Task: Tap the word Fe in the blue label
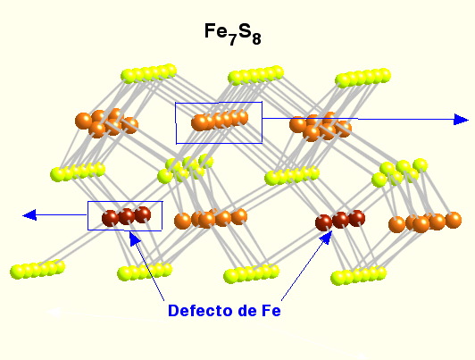[x=271, y=311]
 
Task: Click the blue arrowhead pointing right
[x=461, y=120]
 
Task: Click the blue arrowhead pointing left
[x=29, y=215]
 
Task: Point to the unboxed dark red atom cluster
[x=340, y=220]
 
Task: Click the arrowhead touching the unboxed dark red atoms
[x=326, y=238]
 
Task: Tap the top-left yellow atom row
[x=149, y=73]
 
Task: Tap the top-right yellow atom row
[x=362, y=78]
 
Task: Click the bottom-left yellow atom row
[x=37, y=269]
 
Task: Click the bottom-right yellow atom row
[x=358, y=275]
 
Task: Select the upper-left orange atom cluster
[x=106, y=122]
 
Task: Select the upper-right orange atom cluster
[x=321, y=126]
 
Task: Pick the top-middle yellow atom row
[x=256, y=75]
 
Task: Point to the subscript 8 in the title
[x=256, y=39]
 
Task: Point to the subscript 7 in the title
[x=232, y=39]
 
